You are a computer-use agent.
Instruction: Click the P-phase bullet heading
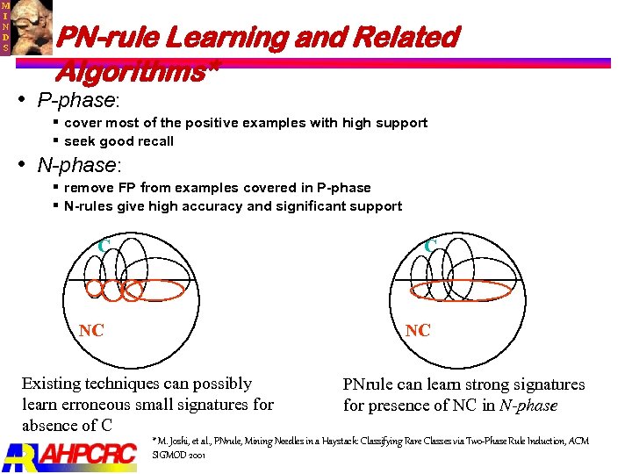point(77,100)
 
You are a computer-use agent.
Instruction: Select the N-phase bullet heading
point(78,165)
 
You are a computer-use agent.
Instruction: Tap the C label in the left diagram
point(104,248)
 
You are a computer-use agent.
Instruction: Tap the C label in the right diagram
point(429,247)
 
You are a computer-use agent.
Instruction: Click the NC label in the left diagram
point(91,330)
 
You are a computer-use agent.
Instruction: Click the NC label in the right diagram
point(418,330)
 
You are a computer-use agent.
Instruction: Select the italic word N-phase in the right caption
point(528,406)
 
